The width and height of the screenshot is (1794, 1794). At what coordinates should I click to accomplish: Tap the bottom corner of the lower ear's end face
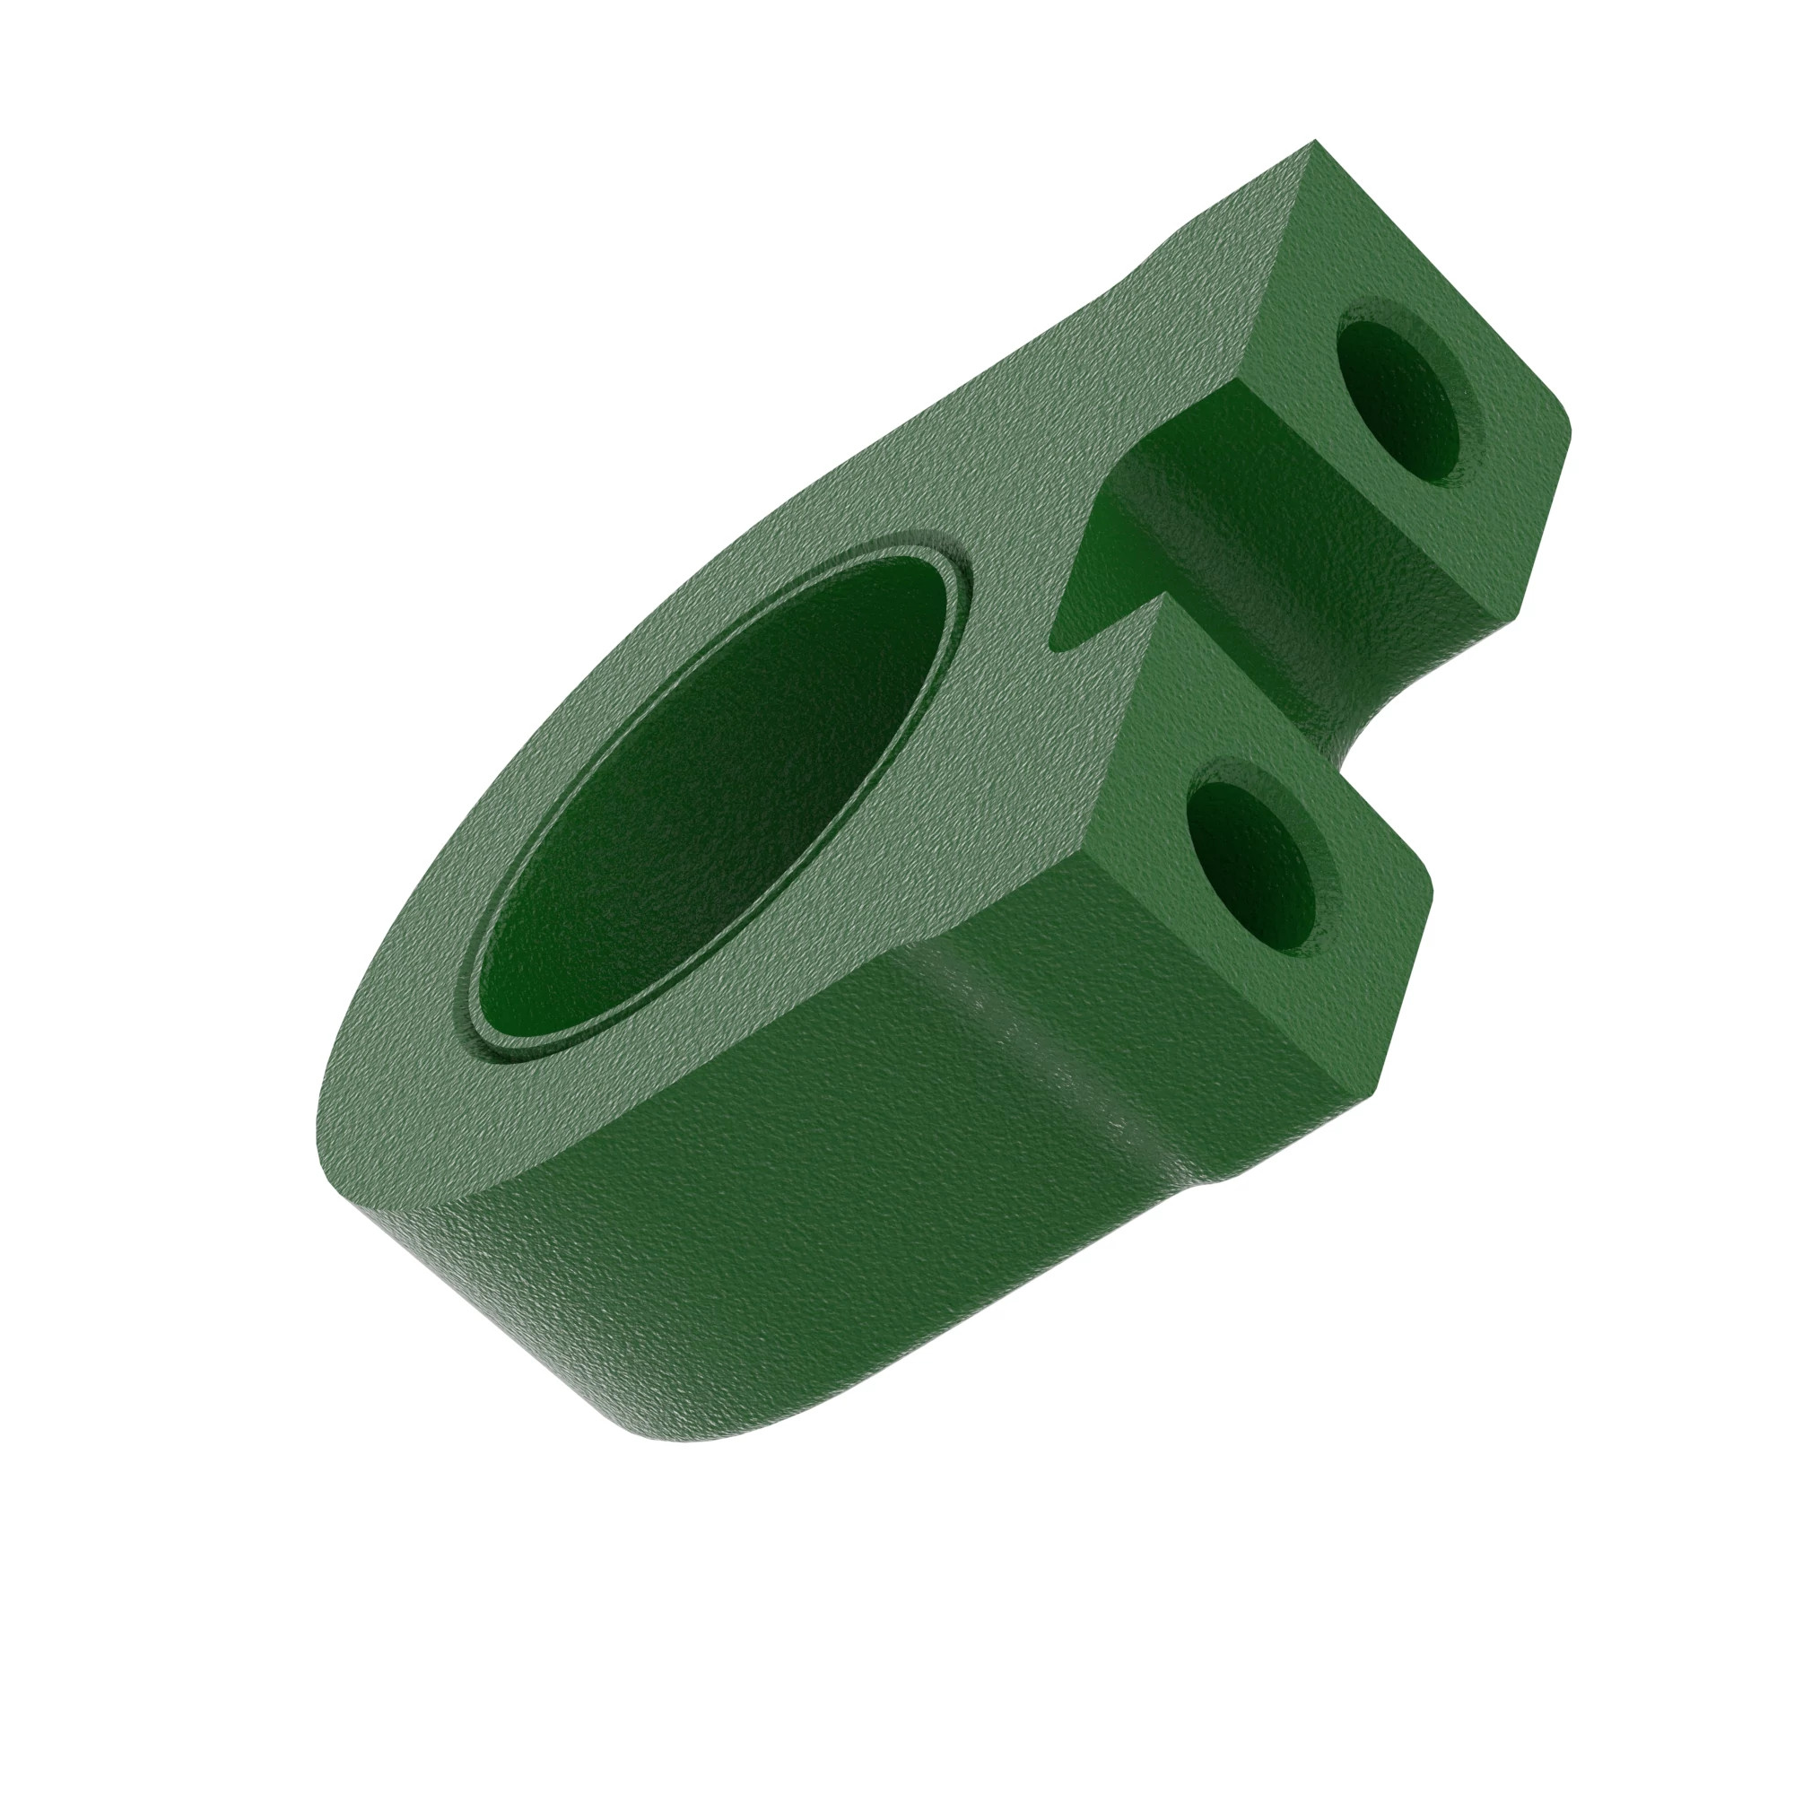tap(1345, 1093)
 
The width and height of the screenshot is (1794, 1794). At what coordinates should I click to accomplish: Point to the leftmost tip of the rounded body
tap(316, 1152)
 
